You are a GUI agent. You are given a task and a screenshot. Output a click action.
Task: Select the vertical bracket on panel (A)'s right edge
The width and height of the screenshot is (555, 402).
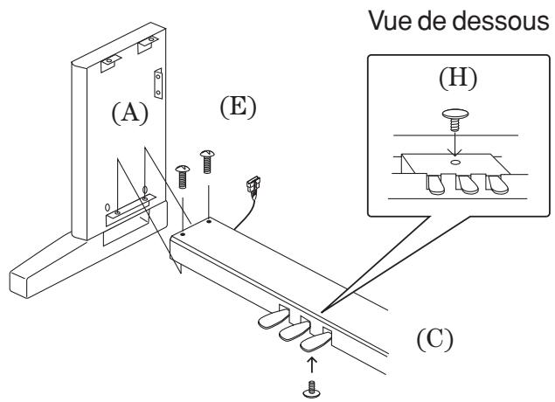pos(158,84)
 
